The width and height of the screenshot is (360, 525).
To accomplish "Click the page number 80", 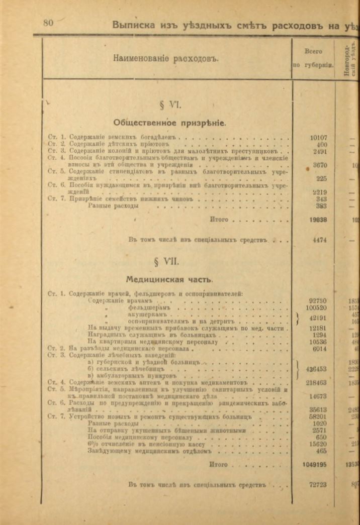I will pos(48,23).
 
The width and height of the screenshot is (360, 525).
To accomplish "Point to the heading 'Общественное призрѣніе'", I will pos(169,122).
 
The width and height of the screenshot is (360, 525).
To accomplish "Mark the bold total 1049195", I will pos(316,464).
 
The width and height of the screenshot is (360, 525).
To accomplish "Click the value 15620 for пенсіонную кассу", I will pos(318,444).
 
